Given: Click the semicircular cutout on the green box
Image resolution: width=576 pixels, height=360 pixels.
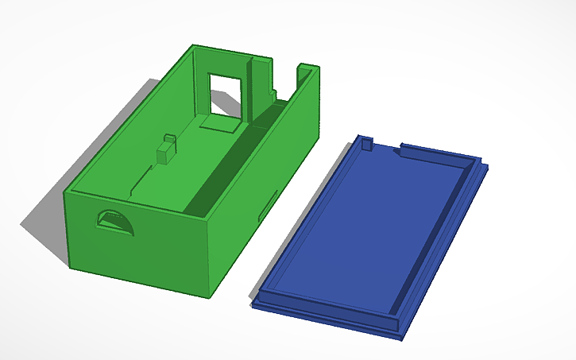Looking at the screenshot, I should point(115,222).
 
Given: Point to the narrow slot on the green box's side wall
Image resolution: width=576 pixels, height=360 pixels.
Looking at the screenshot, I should point(269,205).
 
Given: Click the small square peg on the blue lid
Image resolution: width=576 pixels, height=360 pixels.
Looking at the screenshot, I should point(367,143).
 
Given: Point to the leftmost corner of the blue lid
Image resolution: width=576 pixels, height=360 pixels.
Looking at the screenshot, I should point(256,302).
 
